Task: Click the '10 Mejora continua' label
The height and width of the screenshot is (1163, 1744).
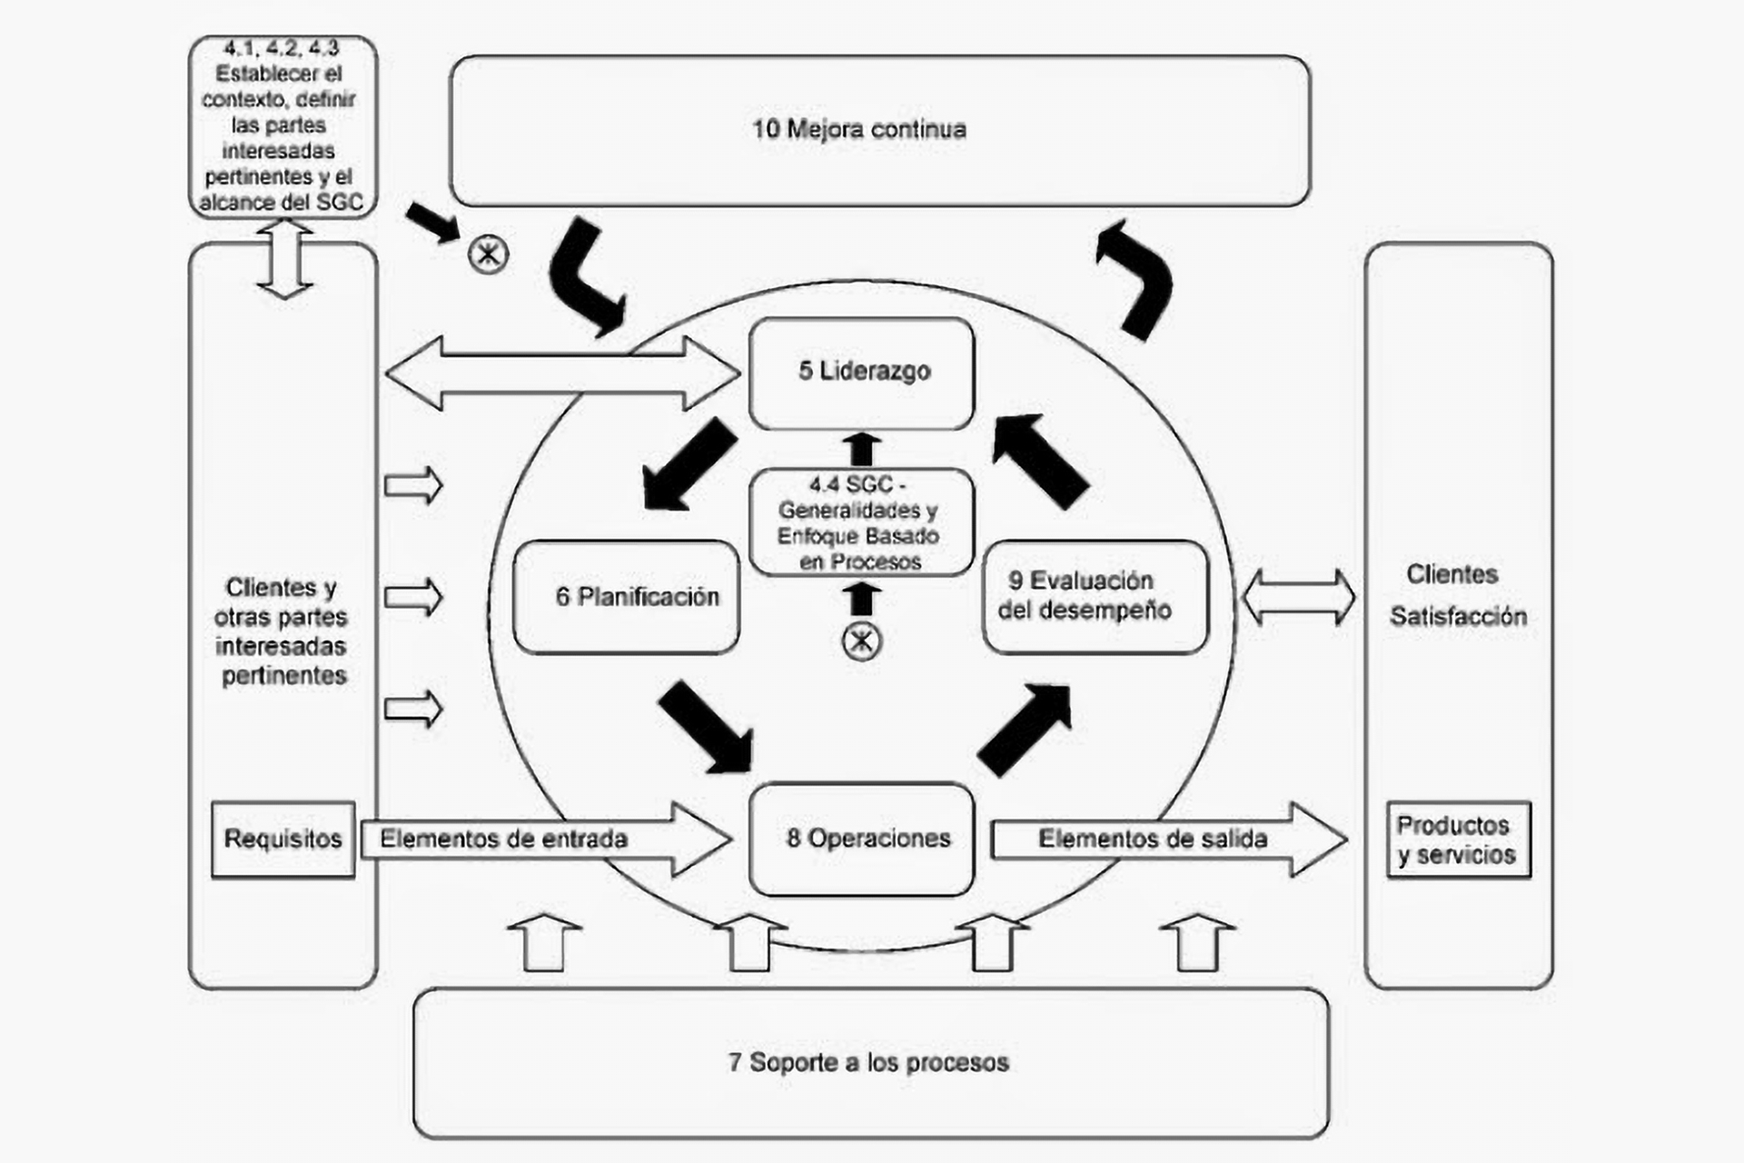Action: tap(858, 129)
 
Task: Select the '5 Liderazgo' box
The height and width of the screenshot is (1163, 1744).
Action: tap(861, 373)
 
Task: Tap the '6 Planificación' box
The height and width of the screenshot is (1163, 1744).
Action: tap(627, 597)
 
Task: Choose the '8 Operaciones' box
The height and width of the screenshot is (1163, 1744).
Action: tap(861, 838)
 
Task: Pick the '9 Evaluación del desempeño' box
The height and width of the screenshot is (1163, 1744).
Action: tap(1095, 596)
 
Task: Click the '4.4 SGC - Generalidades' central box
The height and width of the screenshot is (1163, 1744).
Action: tap(860, 522)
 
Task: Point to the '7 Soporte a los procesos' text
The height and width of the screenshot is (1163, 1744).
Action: tap(868, 1062)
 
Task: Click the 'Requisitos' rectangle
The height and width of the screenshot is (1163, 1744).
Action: tap(282, 839)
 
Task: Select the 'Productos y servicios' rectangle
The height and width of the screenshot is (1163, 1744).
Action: tap(1458, 839)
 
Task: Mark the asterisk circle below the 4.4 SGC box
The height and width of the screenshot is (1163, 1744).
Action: tap(861, 641)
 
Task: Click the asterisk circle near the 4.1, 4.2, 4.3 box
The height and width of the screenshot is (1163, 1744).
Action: tap(488, 253)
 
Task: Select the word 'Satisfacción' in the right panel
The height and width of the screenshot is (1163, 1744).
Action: tap(1458, 616)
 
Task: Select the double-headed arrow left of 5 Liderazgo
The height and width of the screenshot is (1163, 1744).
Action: tap(561, 373)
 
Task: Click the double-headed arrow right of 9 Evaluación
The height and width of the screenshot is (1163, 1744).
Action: tap(1298, 597)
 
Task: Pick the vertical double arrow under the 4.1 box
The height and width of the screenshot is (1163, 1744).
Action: tap(284, 259)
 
